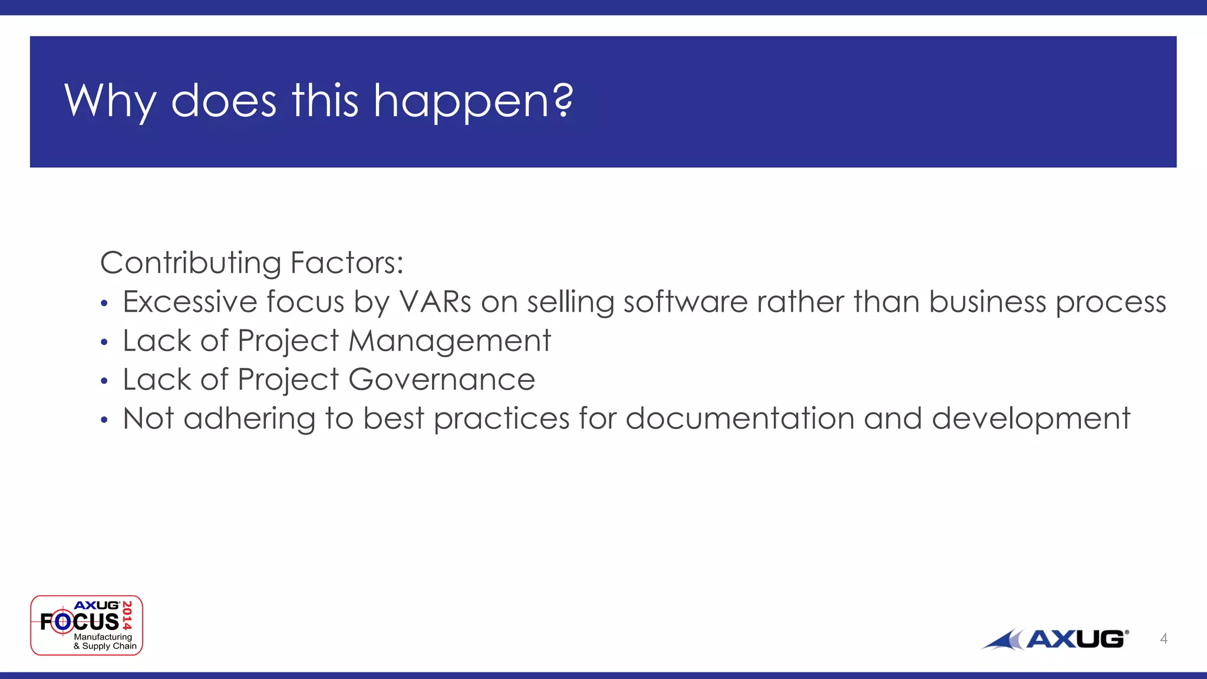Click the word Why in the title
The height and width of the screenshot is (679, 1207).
click(110, 101)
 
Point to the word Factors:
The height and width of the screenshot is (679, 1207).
click(347, 263)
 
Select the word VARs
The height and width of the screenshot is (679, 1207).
click(435, 302)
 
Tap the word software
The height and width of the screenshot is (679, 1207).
click(685, 302)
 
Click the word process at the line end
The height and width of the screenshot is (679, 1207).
click(1110, 303)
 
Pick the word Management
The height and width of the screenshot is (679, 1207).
click(450, 341)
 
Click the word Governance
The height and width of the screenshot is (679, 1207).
click(441, 380)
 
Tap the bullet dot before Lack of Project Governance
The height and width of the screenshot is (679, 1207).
click(104, 381)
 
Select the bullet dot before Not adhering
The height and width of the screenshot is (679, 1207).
click(104, 420)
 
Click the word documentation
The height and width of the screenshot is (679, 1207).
click(740, 418)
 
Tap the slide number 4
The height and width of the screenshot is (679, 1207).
click(1163, 638)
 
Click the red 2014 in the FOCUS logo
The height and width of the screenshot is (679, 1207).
click(127, 616)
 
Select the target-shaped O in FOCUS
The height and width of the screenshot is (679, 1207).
click(63, 621)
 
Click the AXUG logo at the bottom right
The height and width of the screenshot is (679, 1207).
click(1055, 639)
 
